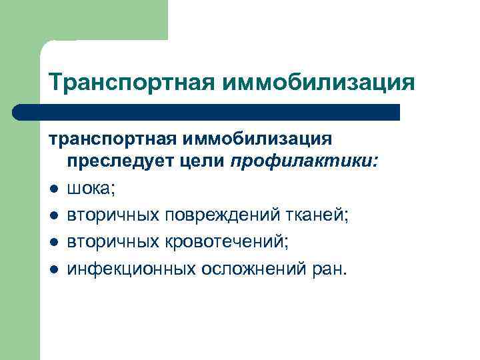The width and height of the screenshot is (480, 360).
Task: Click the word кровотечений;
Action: (x=227, y=241)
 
